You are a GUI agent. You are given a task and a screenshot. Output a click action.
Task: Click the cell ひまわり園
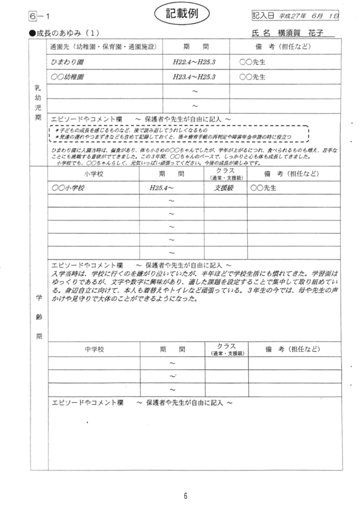tap(69, 63)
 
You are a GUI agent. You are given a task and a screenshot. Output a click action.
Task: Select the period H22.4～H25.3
tap(195, 63)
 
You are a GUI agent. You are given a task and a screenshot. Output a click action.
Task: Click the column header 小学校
tap(94, 174)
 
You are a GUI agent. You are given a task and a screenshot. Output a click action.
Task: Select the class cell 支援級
tap(225, 187)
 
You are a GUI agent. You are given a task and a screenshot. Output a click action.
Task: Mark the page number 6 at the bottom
tap(184, 495)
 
